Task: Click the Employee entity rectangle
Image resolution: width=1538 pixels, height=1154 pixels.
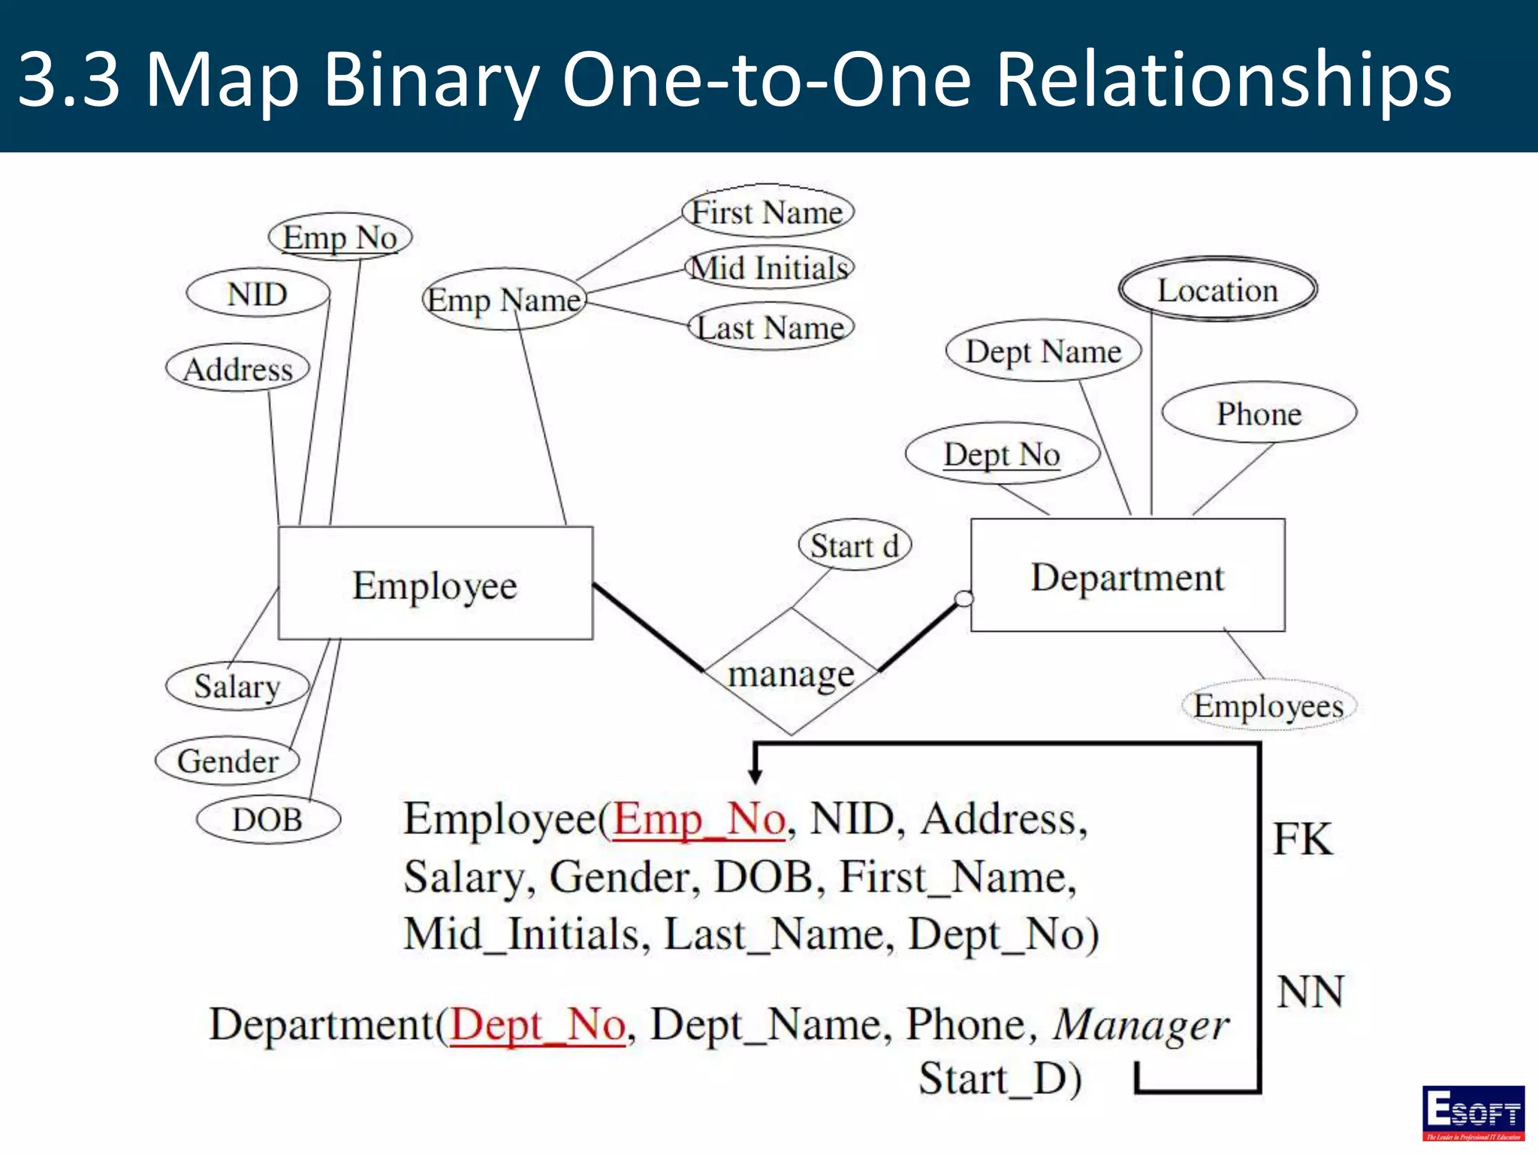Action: pyautogui.click(x=436, y=584)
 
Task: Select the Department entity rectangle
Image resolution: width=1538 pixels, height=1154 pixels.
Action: pyautogui.click(x=1127, y=575)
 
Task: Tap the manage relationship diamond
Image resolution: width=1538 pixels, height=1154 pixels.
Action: pyautogui.click(x=791, y=672)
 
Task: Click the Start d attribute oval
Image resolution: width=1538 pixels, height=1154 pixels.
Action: pyautogui.click(x=855, y=545)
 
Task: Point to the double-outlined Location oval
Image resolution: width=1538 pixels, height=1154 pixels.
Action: pyautogui.click(x=1217, y=290)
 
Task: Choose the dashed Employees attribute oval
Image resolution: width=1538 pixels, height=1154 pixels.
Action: pyautogui.click(x=1268, y=705)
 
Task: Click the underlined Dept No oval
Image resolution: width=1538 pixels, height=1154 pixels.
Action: pyautogui.click(x=1003, y=454)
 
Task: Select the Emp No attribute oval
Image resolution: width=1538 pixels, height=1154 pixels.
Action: pyautogui.click(x=340, y=237)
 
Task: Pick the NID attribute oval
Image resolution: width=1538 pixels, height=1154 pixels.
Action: pyautogui.click(x=258, y=294)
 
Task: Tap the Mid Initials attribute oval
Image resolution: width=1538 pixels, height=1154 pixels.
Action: pyautogui.click(x=770, y=268)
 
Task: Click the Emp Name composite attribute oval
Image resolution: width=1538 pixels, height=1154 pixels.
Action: pyautogui.click(x=504, y=300)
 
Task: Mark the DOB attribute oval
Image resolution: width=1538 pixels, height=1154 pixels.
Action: pyautogui.click(x=268, y=819)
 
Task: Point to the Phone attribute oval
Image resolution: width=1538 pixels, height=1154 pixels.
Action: pyautogui.click(x=1259, y=413)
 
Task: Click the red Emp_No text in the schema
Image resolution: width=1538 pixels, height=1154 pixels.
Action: pyautogui.click(x=699, y=818)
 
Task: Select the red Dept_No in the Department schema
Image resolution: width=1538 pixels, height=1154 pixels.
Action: pyautogui.click(x=538, y=1024)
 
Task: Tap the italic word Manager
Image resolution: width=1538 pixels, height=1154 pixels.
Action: pyautogui.click(x=1141, y=1025)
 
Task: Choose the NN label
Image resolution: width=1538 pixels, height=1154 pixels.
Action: pyautogui.click(x=1310, y=992)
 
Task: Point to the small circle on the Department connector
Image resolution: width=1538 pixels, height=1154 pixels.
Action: pyautogui.click(x=964, y=599)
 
